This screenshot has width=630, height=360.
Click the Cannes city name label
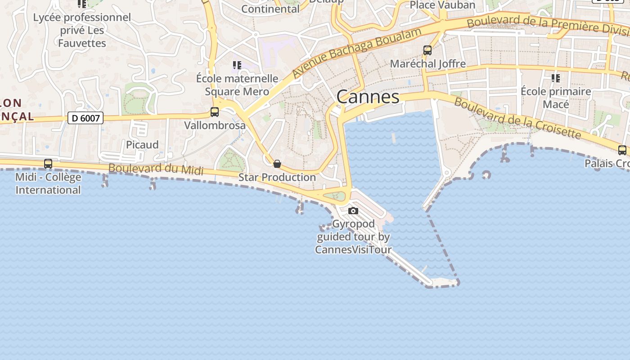coord(368,97)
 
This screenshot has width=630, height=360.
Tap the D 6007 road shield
coord(85,118)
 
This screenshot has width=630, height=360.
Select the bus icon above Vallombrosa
coord(215,112)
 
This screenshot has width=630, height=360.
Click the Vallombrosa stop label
coord(215,125)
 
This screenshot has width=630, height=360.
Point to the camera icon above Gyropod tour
coord(353,211)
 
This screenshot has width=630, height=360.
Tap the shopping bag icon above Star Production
coord(277,164)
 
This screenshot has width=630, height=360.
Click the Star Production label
coord(277,177)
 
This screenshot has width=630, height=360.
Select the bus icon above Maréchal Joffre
coord(427,50)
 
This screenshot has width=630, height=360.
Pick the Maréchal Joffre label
coord(427,63)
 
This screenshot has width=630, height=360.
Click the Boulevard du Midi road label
coord(156,169)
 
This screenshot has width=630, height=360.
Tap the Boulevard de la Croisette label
coord(517,118)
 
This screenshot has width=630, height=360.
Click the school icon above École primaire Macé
coord(556,78)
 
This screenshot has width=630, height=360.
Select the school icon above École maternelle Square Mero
coord(237,65)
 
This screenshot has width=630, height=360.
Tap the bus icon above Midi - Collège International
coord(48,164)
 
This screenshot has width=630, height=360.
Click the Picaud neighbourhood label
coord(142,144)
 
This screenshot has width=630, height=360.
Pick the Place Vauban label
coord(442,5)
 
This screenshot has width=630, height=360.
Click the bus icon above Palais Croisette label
coord(622,150)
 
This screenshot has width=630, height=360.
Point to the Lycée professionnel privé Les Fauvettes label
coord(82,30)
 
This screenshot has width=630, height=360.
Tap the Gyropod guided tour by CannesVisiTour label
coord(353,237)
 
